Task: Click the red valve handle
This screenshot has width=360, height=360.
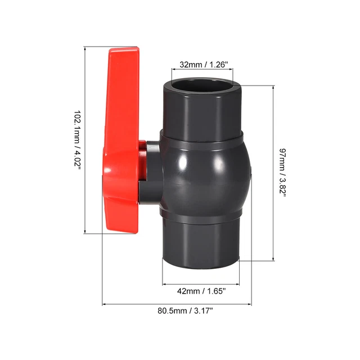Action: [x=121, y=135]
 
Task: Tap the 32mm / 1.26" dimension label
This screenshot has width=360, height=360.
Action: [x=203, y=65]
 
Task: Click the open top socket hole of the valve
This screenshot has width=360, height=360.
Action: [x=203, y=86]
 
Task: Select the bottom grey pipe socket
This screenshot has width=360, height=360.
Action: [x=202, y=242]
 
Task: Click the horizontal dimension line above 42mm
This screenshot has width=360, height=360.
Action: [x=202, y=281]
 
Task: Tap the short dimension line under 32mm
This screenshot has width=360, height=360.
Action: [x=203, y=73]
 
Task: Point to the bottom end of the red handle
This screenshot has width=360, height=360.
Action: [x=121, y=227]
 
